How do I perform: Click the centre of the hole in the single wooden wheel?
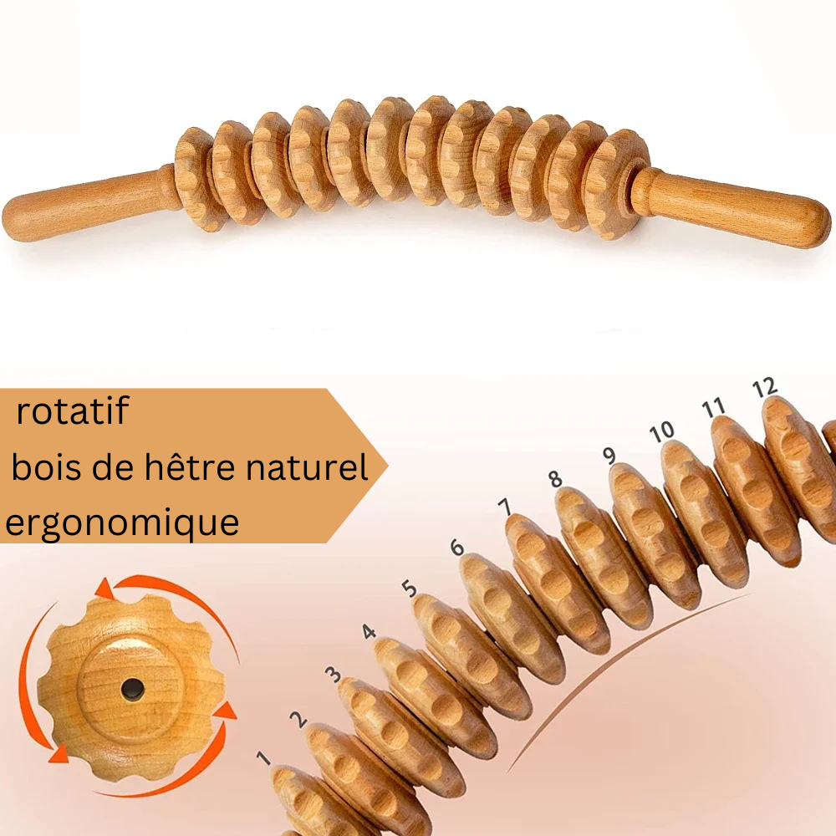point(133,690)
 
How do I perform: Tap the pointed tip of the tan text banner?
point(388,466)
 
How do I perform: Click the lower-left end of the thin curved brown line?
point(509,772)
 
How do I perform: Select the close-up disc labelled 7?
point(557,584)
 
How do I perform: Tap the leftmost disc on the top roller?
point(195,179)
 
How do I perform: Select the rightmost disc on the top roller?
point(618,184)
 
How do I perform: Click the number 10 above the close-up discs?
point(661,432)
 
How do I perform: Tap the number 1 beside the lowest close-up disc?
point(263,757)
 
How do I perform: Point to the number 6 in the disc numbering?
point(457,547)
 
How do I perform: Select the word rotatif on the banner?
point(73,410)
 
